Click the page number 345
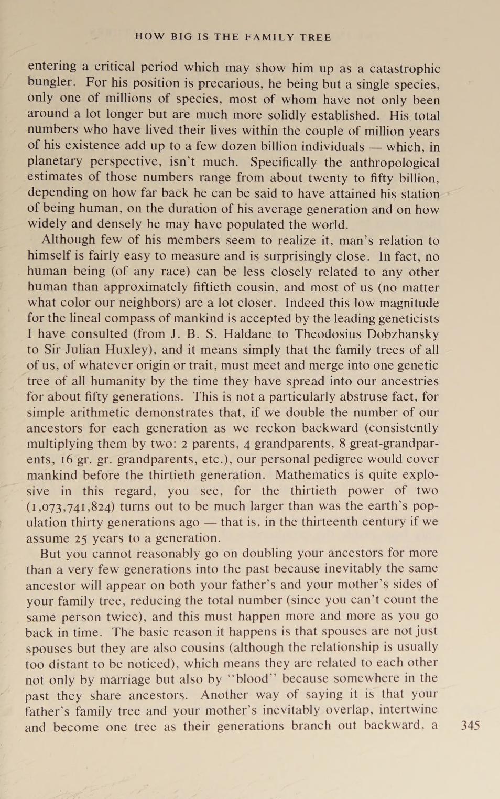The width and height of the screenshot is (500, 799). click(x=470, y=726)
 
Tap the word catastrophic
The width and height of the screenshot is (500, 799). click(x=405, y=69)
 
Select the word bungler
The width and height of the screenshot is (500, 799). click(x=51, y=82)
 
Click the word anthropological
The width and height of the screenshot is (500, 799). click(x=395, y=163)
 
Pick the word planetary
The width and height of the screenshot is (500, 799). click(x=55, y=161)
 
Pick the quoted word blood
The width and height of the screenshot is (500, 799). click(x=253, y=679)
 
